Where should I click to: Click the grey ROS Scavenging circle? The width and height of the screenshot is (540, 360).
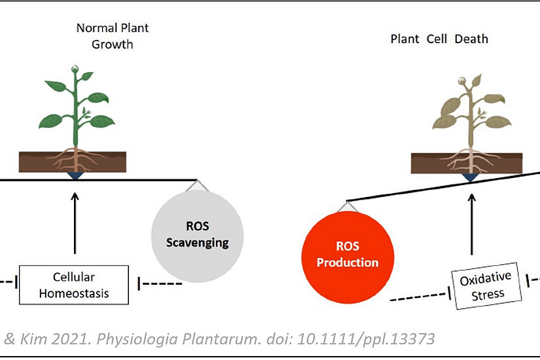[197, 236]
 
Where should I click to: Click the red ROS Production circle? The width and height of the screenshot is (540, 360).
[348, 257]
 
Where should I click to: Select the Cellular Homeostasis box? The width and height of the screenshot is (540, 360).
[74, 285]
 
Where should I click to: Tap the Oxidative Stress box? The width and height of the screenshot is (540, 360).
[486, 286]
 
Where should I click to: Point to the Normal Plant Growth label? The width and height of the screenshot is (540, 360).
[113, 36]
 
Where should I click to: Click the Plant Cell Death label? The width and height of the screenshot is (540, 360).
[439, 39]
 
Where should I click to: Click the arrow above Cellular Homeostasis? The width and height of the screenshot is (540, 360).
[75, 223]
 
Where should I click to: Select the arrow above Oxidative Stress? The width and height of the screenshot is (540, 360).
[472, 225]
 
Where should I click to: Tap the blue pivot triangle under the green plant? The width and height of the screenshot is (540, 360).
[75, 175]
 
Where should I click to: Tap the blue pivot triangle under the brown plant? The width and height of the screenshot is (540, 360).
[470, 177]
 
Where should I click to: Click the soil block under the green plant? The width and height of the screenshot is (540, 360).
[73, 162]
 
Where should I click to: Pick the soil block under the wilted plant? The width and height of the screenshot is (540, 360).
[467, 163]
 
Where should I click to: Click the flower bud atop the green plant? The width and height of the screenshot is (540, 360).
[75, 69]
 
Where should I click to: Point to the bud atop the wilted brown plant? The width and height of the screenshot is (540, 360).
[462, 81]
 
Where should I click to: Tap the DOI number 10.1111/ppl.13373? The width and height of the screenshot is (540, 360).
[366, 339]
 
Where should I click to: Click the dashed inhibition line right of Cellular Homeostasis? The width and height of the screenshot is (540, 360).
[160, 283]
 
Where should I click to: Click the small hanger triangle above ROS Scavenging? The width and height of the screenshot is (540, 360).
[197, 186]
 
